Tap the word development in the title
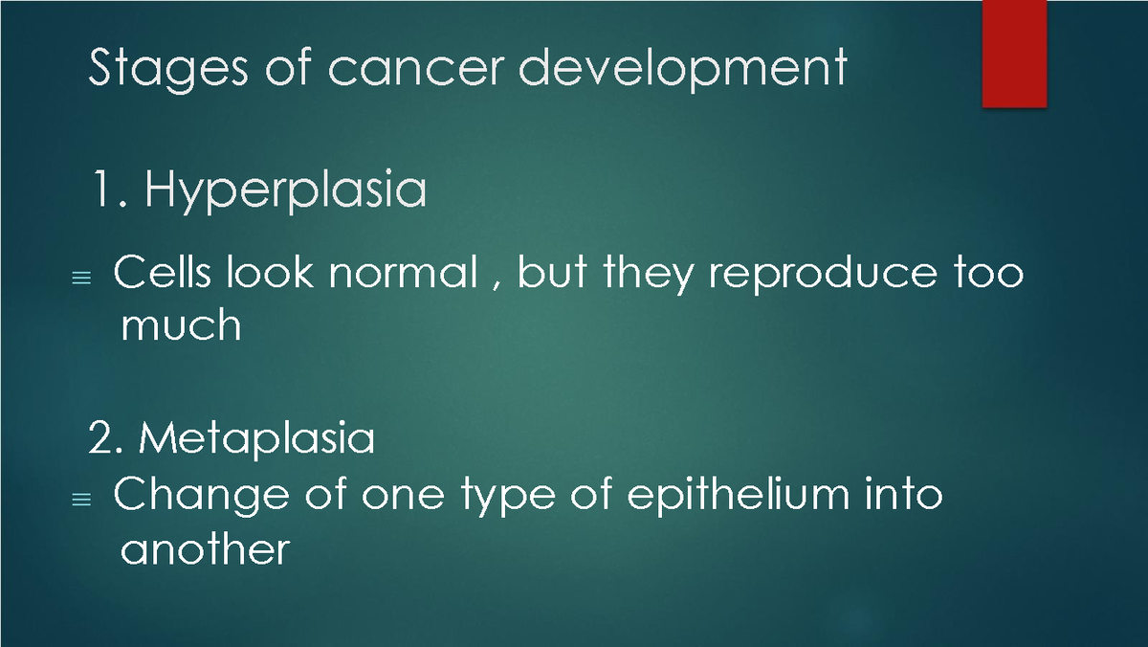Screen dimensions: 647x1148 [x=673, y=69]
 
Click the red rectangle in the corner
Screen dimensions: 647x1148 [x=1014, y=54]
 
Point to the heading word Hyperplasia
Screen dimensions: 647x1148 [x=285, y=192]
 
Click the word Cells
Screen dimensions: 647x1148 [x=161, y=275]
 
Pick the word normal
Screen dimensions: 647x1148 [x=403, y=275]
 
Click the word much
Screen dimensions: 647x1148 [x=181, y=326]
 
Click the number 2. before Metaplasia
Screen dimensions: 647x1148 [x=106, y=439]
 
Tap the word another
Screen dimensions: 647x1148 [x=204, y=549]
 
